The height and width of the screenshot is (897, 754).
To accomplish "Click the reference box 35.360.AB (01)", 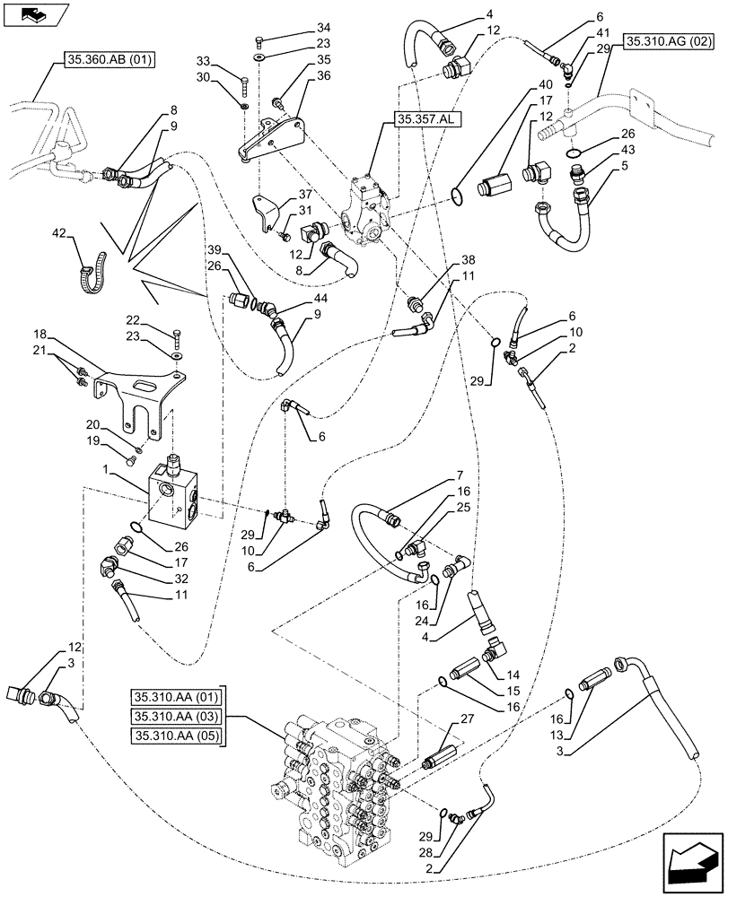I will click(x=110, y=60).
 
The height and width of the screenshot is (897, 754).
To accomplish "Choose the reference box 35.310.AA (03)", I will click(x=177, y=715).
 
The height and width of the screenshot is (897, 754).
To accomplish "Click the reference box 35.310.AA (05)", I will click(x=177, y=736).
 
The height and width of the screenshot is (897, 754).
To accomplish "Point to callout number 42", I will click(x=59, y=235).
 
